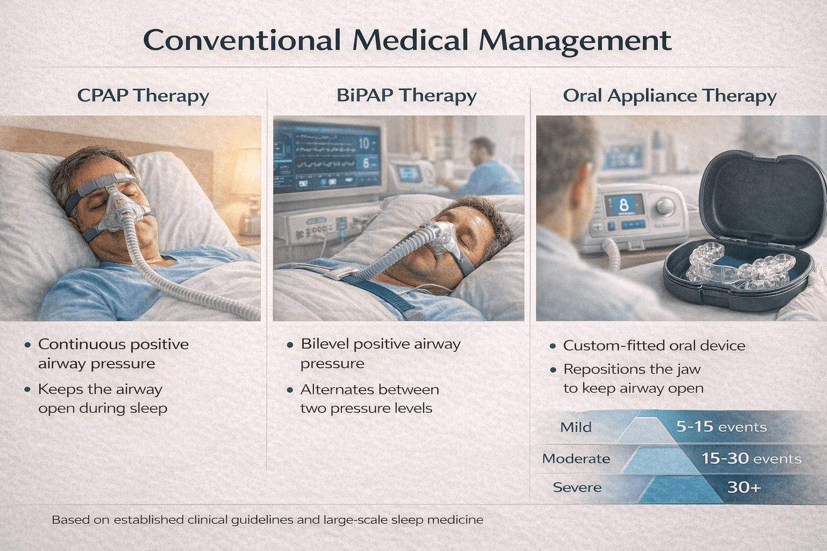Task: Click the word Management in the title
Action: tap(575, 41)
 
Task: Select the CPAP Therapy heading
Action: tap(143, 96)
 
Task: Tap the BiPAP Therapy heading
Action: tap(407, 96)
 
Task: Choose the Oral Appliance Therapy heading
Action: tap(669, 96)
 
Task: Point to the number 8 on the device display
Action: tap(624, 205)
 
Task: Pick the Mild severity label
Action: tap(576, 427)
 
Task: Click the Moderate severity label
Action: tap(576, 458)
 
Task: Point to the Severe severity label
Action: tap(577, 488)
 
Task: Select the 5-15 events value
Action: tap(721, 427)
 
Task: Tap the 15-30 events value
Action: tap(751, 458)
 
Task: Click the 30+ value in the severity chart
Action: tap(744, 488)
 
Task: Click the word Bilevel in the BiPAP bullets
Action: tap(325, 344)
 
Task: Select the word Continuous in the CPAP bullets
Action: tap(75, 344)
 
